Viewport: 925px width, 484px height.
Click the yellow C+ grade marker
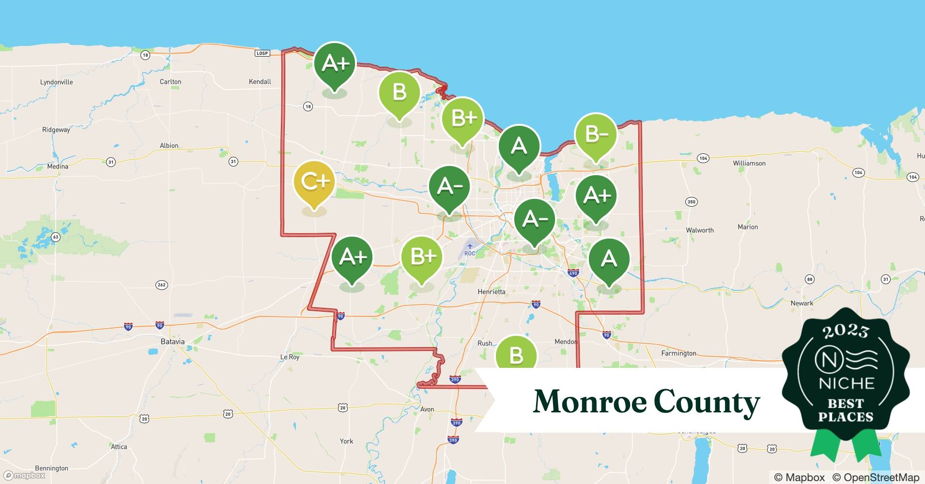tap(314, 182)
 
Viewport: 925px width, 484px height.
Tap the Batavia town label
tap(172, 342)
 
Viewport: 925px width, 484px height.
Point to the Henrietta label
tap(491, 292)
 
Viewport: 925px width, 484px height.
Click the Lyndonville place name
tap(56, 82)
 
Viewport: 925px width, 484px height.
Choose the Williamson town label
tap(749, 164)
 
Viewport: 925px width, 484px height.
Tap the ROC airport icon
tap(469, 246)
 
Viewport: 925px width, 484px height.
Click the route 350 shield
tap(691, 202)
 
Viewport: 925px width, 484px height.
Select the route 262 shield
tap(161, 285)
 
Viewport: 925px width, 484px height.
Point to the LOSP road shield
tap(262, 53)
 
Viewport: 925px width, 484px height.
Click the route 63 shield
tap(56, 237)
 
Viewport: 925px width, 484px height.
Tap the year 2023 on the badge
tap(846, 331)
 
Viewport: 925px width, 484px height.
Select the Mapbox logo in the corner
tap(24, 475)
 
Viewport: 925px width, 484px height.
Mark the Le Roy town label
tap(290, 357)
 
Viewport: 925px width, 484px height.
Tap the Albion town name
tap(169, 146)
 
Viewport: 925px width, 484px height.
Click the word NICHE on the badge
tap(846, 384)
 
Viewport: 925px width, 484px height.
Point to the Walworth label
tap(699, 230)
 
